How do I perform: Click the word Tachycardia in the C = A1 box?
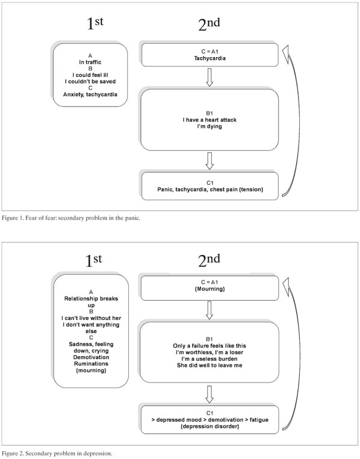click(x=209, y=58)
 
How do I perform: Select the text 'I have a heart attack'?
click(x=209, y=120)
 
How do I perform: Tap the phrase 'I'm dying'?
click(x=209, y=126)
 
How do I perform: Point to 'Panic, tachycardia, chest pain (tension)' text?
click(x=210, y=189)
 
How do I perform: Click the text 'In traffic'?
click(x=90, y=62)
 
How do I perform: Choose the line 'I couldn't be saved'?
click(x=90, y=81)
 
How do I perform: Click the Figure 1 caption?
click(x=71, y=218)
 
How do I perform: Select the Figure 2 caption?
click(x=57, y=454)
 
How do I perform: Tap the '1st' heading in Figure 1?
click(x=95, y=23)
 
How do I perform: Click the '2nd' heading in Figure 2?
click(x=209, y=260)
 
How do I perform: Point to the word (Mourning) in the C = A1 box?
click(x=209, y=289)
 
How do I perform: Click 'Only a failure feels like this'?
click(x=209, y=346)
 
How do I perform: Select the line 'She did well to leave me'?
click(x=209, y=365)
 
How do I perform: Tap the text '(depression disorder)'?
click(x=209, y=426)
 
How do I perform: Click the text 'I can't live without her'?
click(x=91, y=318)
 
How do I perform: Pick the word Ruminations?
click(x=91, y=363)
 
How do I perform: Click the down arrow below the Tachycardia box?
click(x=209, y=77)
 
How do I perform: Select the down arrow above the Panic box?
click(x=209, y=161)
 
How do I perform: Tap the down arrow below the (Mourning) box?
click(x=209, y=310)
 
